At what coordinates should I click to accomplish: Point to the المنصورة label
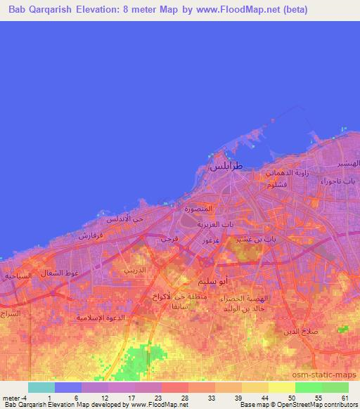(198, 209)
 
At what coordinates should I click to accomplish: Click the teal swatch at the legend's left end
(41, 387)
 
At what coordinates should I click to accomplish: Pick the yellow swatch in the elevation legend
(282, 387)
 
